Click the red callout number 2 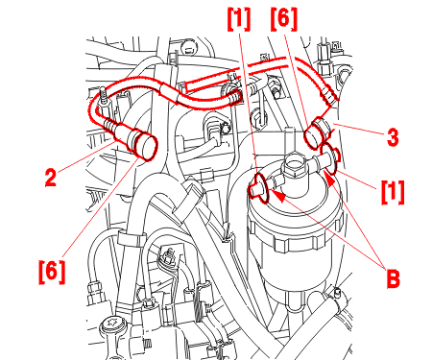coord(51,178)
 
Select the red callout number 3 coord(393,137)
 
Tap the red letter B coord(393,278)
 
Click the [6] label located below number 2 coord(52,272)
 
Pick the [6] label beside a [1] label coord(284,19)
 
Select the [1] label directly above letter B coord(393,191)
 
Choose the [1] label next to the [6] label coord(239,19)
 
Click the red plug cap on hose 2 coord(145,146)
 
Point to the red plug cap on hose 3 coord(314,134)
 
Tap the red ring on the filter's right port coord(328,159)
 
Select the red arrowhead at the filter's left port coord(277,196)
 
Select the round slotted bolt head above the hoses coord(188,47)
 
